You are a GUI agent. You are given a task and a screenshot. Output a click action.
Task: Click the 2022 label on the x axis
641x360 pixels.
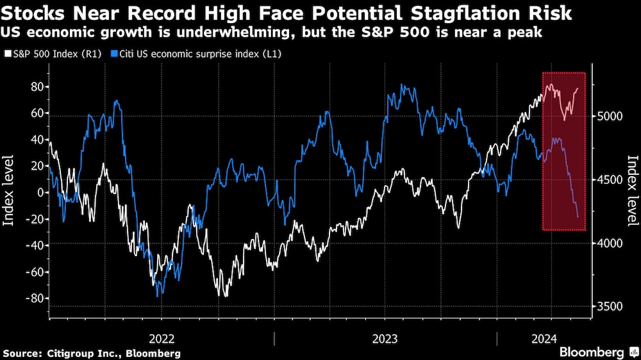(162, 338)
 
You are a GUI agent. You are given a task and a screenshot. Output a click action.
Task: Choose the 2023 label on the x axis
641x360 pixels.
(385, 338)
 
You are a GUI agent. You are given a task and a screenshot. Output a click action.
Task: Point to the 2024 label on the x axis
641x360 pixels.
(544, 338)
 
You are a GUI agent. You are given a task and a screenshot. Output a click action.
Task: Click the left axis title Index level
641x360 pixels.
(9, 192)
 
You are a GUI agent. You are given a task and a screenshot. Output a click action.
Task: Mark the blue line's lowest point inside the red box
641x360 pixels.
(578, 217)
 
